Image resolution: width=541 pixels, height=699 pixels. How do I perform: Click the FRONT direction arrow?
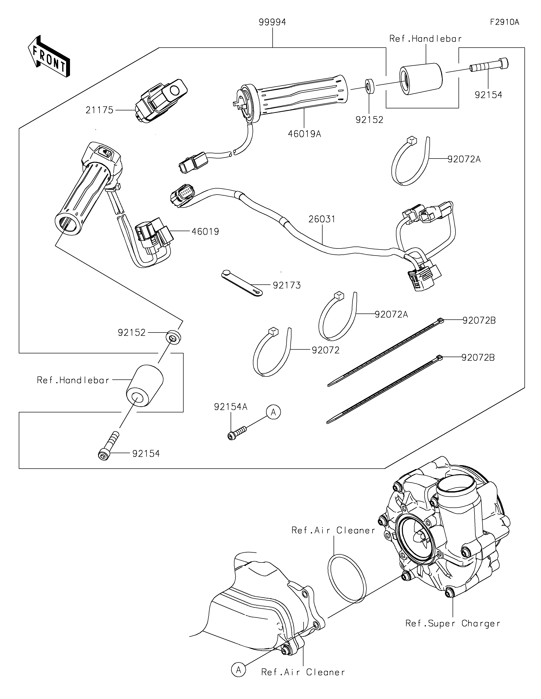click(49, 56)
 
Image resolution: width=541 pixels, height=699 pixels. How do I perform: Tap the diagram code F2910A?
click(504, 22)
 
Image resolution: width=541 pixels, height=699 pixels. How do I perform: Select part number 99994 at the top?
click(272, 22)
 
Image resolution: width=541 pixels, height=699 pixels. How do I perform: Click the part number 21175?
click(100, 110)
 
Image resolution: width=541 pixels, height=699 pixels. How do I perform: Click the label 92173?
click(287, 285)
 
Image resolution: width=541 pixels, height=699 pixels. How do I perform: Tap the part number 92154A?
click(231, 407)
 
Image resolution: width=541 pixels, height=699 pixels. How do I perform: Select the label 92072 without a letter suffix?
click(326, 350)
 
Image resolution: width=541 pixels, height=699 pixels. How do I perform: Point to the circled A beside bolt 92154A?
click(274, 412)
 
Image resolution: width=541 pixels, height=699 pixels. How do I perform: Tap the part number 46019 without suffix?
click(205, 232)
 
